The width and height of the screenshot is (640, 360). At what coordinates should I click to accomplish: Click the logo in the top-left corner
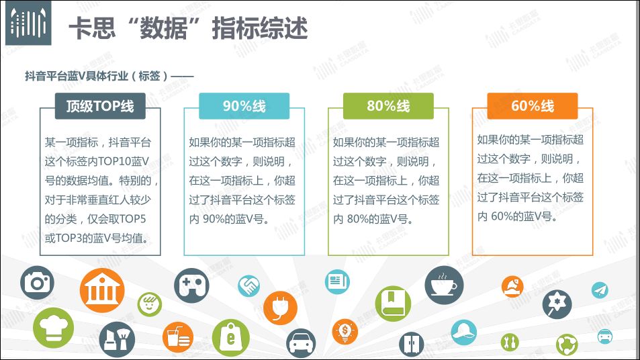click(x=28, y=23)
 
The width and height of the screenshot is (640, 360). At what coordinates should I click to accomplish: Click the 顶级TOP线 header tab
click(x=100, y=106)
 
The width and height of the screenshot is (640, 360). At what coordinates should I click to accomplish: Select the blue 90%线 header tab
click(x=244, y=106)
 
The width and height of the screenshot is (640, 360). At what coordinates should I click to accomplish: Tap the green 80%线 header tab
click(x=388, y=106)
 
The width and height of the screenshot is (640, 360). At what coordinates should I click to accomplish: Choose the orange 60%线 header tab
click(x=533, y=106)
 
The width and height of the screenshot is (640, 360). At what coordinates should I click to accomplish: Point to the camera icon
click(x=37, y=282)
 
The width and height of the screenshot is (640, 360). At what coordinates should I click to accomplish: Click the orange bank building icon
click(x=102, y=290)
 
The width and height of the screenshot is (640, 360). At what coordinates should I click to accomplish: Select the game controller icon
click(x=191, y=285)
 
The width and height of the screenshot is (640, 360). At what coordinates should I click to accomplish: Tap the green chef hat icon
click(x=53, y=328)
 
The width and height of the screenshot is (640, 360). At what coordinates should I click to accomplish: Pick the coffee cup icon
click(x=444, y=285)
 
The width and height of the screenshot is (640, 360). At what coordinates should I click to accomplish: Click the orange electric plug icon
click(x=281, y=308)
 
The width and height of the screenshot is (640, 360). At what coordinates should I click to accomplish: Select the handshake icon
click(x=249, y=285)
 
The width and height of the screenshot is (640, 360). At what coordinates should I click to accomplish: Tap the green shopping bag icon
click(x=230, y=338)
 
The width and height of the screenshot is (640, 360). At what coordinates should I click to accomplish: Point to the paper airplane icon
click(x=600, y=290)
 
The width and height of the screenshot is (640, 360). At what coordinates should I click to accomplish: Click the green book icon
click(x=393, y=304)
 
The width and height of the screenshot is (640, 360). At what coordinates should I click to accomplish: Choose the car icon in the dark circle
click(x=301, y=344)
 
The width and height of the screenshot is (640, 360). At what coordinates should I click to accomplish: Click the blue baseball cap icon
click(x=464, y=332)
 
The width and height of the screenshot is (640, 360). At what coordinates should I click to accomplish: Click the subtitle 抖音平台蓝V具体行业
click(x=77, y=76)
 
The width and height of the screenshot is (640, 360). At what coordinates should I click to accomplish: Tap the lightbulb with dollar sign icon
click(x=345, y=331)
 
